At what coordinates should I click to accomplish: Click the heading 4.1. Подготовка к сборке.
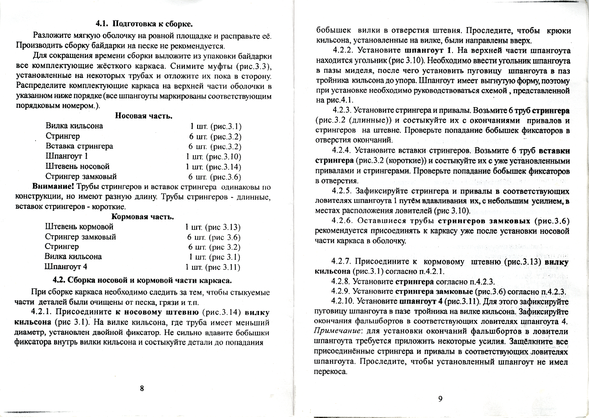point(144,24)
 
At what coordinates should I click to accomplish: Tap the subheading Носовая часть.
point(144,116)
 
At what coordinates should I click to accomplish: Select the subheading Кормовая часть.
point(143,217)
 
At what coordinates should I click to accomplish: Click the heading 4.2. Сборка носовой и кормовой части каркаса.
point(142,281)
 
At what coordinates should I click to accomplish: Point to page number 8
point(142,388)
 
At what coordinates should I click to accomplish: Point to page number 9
point(440,399)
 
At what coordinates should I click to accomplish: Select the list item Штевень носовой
point(77,166)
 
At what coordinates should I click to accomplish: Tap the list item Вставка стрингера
point(79,146)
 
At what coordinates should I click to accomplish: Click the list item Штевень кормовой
point(79,227)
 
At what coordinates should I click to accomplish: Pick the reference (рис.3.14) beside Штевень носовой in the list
point(224,167)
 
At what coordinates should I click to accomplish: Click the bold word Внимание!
point(53,187)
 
